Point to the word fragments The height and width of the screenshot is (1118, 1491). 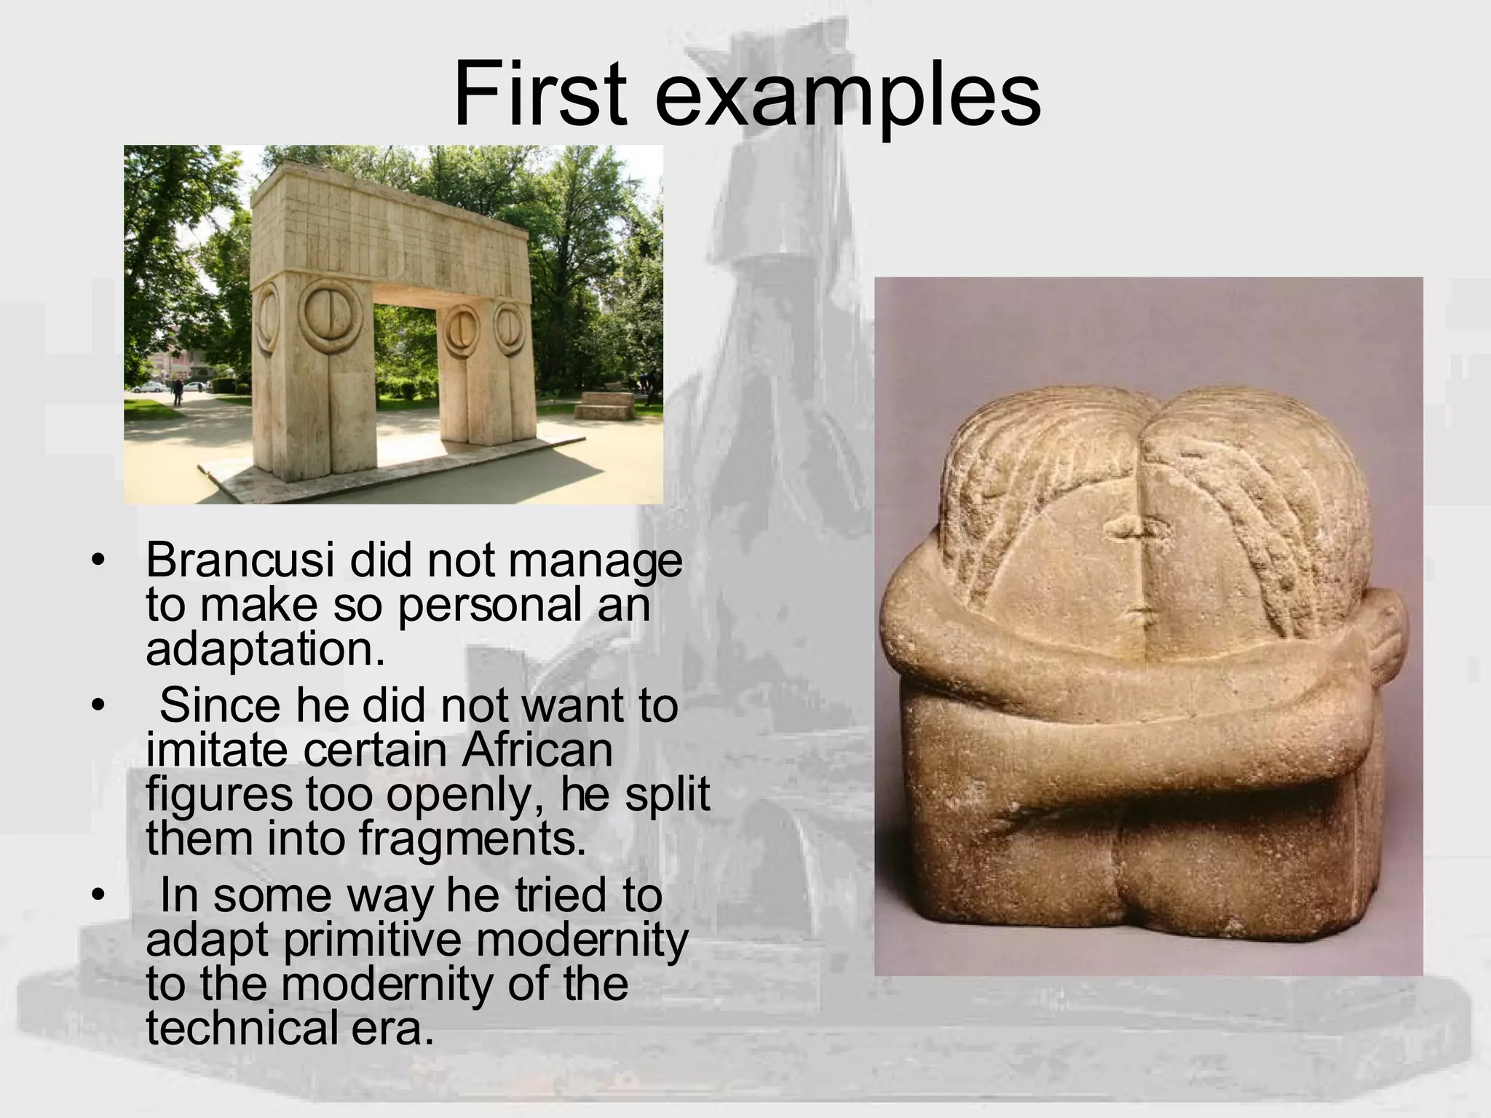coord(472,838)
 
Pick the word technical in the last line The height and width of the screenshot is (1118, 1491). coord(234,1028)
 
